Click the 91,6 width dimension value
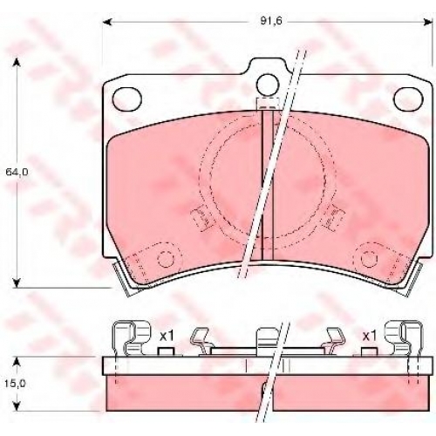coord(271,21)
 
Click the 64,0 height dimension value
coord(17,172)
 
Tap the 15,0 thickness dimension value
coord(15,384)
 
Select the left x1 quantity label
coord(167,337)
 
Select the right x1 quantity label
coord(370,337)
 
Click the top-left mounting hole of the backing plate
coord(127,99)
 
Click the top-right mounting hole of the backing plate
coord(408,99)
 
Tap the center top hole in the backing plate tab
coord(268,85)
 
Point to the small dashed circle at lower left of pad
coord(166,258)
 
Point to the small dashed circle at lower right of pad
coord(369,258)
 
